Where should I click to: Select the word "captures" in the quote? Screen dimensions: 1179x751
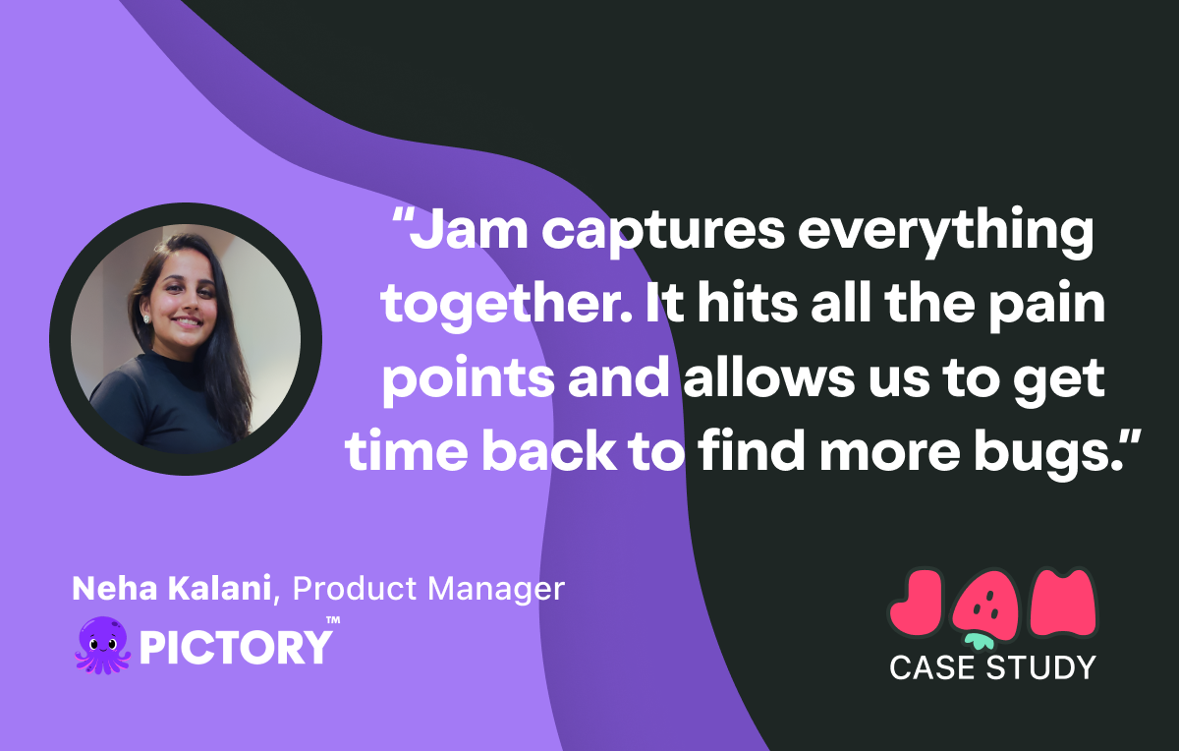pos(663,235)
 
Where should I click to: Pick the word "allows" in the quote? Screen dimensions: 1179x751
pos(769,378)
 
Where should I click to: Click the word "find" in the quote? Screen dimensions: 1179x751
pos(751,451)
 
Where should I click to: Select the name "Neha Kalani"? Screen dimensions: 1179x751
pos(172,588)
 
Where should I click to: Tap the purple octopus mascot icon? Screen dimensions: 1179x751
pos(102,645)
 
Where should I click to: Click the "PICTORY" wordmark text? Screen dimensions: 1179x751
pos(236,647)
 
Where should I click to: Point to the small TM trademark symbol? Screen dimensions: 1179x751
pos(333,620)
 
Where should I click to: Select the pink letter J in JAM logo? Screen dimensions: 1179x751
pos(917,603)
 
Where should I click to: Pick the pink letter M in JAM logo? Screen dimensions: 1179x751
pos(1063,602)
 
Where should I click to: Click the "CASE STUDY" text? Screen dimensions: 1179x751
pos(992,667)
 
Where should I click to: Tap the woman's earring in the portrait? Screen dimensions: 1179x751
pos(146,318)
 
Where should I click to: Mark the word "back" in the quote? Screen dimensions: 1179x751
pos(548,451)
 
